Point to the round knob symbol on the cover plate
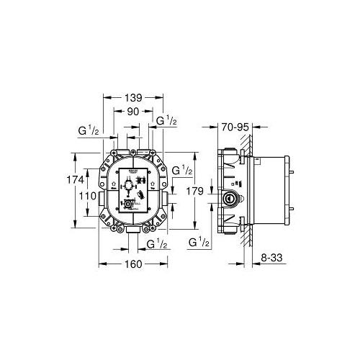click(x=127, y=185)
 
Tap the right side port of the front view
click(x=165, y=194)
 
